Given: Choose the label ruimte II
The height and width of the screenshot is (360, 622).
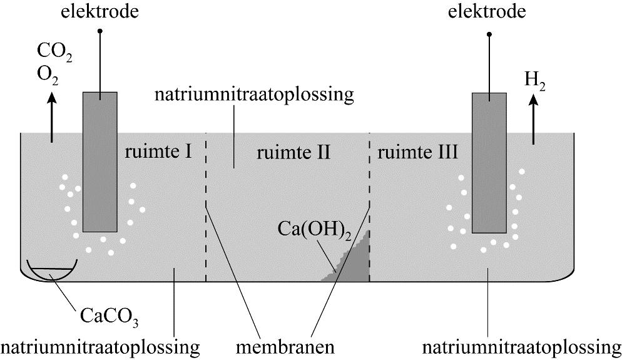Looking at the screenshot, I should click(x=293, y=152).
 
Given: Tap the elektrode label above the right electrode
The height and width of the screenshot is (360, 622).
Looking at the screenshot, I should click(x=487, y=12).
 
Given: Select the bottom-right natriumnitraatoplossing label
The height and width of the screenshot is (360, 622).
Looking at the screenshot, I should click(x=522, y=346).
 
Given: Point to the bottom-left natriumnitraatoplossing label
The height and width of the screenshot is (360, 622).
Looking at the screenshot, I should click(x=100, y=346).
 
